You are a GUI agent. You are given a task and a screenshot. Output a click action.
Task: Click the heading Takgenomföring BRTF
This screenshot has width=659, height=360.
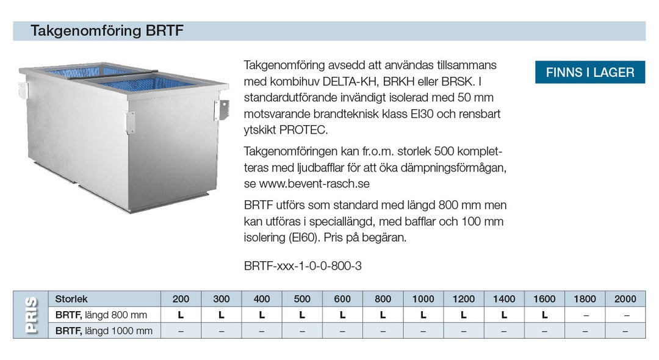click(x=107, y=31)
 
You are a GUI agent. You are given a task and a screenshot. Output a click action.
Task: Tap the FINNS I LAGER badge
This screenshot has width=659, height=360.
click(x=589, y=73)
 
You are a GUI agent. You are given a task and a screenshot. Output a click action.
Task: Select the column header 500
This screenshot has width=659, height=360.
click(x=302, y=299)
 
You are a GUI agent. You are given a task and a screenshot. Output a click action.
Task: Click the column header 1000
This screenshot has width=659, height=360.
click(x=423, y=299)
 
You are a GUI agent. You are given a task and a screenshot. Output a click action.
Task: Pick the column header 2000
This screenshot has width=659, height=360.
click(x=625, y=299)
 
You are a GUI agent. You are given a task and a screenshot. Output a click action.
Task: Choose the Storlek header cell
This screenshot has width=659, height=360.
click(x=71, y=299)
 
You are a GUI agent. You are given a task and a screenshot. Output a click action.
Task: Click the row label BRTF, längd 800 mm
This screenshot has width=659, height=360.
click(x=101, y=315)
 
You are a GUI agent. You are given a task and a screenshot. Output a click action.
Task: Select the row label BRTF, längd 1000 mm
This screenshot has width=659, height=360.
click(x=103, y=331)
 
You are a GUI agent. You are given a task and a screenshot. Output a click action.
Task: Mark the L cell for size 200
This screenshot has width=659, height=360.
click(x=181, y=315)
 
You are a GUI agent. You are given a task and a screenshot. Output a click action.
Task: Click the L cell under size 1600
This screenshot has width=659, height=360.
click(x=544, y=315)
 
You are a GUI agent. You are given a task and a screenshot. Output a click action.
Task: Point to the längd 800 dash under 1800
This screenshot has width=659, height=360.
click(x=585, y=315)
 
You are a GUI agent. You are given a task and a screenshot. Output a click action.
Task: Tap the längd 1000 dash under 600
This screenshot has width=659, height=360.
click(x=342, y=331)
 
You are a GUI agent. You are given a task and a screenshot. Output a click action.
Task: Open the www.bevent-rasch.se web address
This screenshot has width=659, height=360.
click(x=315, y=184)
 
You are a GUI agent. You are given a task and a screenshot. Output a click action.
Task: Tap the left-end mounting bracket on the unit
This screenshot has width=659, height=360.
click(x=23, y=90)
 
